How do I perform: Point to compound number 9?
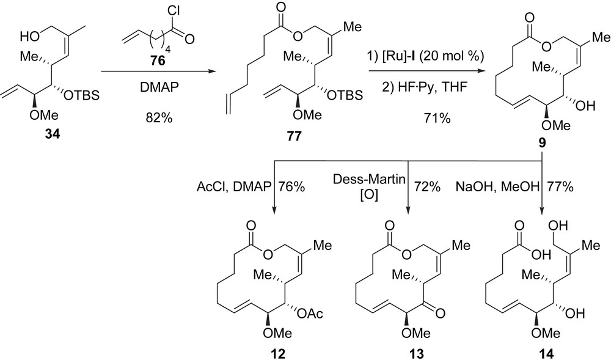[x=542, y=147]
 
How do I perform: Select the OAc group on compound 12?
[x=320, y=314]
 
